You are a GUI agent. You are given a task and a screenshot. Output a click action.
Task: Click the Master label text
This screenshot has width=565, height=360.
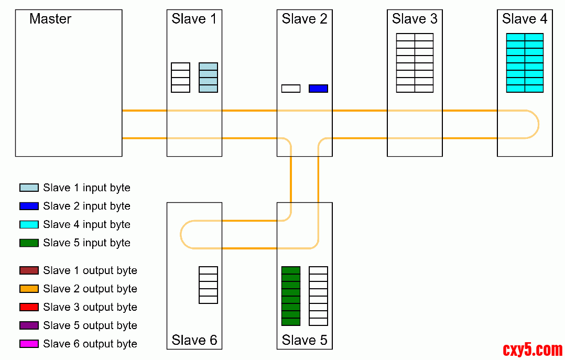50,19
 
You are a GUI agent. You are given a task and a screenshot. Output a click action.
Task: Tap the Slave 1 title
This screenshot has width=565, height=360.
194,19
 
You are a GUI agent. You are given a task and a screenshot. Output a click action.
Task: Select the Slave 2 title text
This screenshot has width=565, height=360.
305,19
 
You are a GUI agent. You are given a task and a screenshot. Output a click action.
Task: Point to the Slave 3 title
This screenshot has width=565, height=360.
415,19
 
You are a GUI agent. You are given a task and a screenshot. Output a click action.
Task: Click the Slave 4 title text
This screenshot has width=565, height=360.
525,19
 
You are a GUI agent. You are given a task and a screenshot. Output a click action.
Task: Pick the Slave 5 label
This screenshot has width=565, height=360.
305,340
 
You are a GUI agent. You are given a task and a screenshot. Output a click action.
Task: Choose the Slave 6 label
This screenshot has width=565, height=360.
194,340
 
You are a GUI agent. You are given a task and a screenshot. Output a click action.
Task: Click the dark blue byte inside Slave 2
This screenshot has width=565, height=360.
318,89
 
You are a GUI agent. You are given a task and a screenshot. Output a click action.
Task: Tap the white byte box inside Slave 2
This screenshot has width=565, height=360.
291,89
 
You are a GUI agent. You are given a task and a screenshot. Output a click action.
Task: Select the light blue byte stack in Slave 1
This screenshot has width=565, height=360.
208,78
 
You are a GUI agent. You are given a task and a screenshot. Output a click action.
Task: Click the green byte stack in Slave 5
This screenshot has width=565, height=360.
291,296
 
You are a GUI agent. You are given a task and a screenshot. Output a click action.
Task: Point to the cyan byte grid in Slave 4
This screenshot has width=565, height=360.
525,63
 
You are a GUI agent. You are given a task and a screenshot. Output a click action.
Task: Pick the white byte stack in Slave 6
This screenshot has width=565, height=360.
208,285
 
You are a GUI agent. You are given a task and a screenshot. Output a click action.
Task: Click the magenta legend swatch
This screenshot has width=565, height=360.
29,344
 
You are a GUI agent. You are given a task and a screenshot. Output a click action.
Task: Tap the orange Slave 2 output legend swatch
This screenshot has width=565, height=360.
29,289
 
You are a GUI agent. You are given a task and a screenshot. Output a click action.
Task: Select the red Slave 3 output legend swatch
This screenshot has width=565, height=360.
29,307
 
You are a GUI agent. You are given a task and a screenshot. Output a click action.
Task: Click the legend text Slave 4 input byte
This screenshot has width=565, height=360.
86,224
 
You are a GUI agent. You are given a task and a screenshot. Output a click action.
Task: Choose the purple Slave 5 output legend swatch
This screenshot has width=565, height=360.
29,325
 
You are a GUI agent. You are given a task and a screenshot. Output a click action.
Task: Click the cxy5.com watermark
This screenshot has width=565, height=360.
533,349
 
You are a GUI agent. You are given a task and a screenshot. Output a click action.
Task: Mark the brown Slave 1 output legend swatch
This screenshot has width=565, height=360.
29,270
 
